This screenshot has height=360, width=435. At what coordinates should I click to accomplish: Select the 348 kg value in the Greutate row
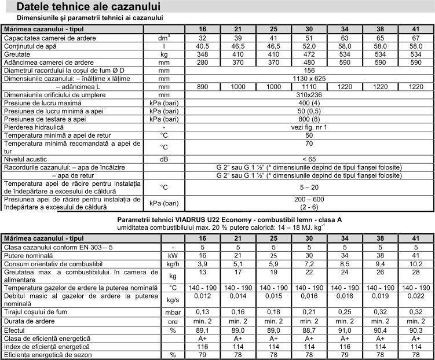(x=202, y=53)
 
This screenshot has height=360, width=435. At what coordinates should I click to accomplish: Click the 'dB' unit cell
(x=164, y=158)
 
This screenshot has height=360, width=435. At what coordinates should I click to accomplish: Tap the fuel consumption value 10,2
(x=415, y=263)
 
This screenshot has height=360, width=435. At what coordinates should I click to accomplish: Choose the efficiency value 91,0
(x=344, y=330)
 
